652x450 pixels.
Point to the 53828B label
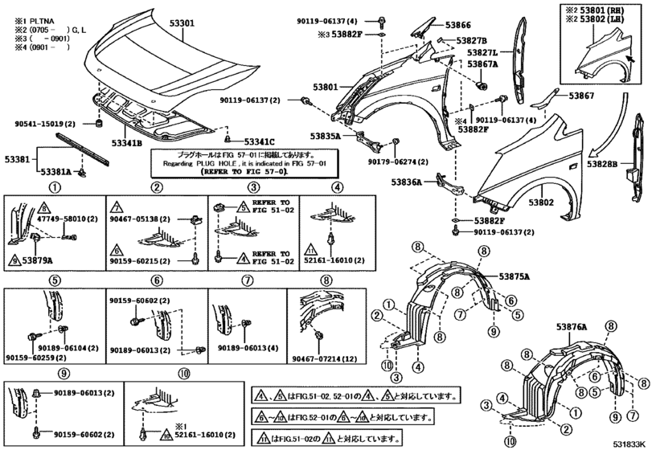click(x=602, y=164)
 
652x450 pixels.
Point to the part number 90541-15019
click(x=45, y=124)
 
